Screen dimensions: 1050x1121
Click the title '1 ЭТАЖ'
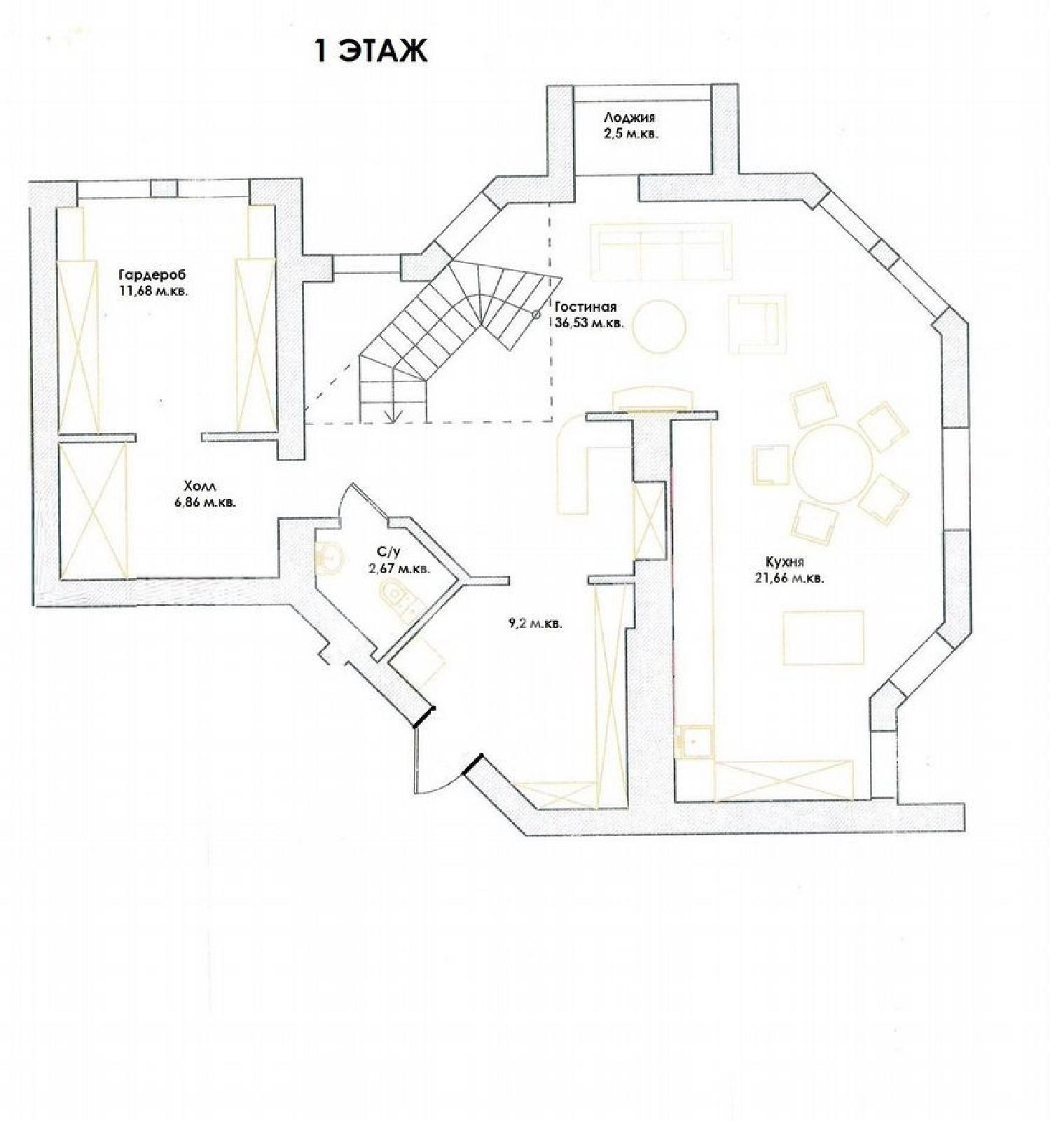pos(371,51)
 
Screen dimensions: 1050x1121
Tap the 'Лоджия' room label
pos(630,118)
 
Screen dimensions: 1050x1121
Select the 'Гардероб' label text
pos(153,275)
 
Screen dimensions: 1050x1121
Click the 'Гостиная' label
pos(586,307)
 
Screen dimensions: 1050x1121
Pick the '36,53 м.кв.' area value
pos(589,324)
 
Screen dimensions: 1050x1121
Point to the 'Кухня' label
pos(785,562)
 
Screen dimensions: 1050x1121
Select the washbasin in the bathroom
pos(329,556)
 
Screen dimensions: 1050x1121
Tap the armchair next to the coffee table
pos(755,324)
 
